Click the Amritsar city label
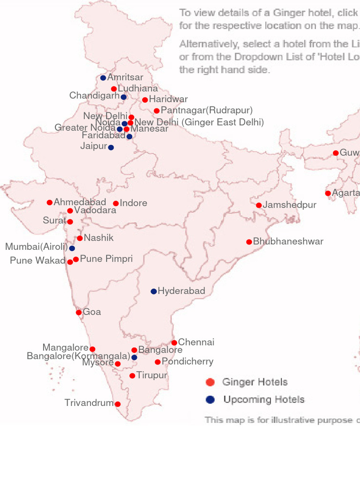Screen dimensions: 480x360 (125, 77)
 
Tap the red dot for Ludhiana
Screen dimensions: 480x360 (114, 89)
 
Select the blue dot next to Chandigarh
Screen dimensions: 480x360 (124, 97)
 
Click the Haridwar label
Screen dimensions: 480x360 (168, 99)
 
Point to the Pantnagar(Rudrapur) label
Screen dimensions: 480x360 (207, 111)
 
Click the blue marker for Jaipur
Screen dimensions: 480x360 (111, 148)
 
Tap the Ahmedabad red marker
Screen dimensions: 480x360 (50, 202)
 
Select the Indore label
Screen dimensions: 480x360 (134, 203)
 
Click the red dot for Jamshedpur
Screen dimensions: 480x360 (259, 205)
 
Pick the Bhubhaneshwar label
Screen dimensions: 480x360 (288, 242)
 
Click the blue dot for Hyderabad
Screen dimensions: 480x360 (154, 292)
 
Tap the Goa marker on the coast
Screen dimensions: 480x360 (79, 313)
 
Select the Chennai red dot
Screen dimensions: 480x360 (174, 343)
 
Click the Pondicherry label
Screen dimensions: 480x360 (187, 361)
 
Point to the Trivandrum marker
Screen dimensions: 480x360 (118, 404)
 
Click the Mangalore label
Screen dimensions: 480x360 (65, 348)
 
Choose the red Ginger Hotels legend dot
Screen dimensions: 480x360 (210, 382)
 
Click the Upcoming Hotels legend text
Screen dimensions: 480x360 (264, 400)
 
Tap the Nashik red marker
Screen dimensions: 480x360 (80, 239)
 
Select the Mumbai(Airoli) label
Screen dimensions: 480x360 (37, 247)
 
